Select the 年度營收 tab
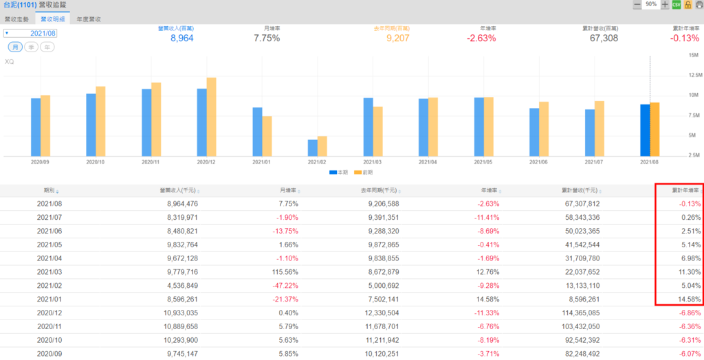pos(89,19)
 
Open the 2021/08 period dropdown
pos(31,33)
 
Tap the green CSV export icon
pos(676,5)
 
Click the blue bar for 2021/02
pos(313,148)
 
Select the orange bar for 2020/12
pos(211,117)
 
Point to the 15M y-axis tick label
pos(693,55)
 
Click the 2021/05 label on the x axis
pos(484,163)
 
